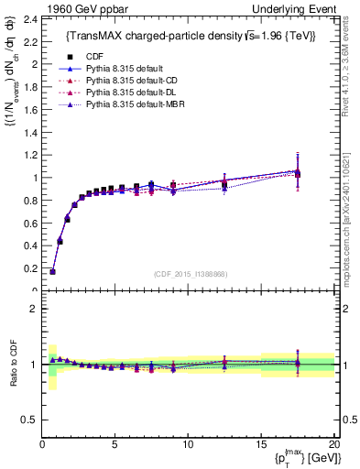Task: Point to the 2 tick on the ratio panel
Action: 32,309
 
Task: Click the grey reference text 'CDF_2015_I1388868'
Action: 191,275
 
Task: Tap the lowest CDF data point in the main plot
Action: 53,271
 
